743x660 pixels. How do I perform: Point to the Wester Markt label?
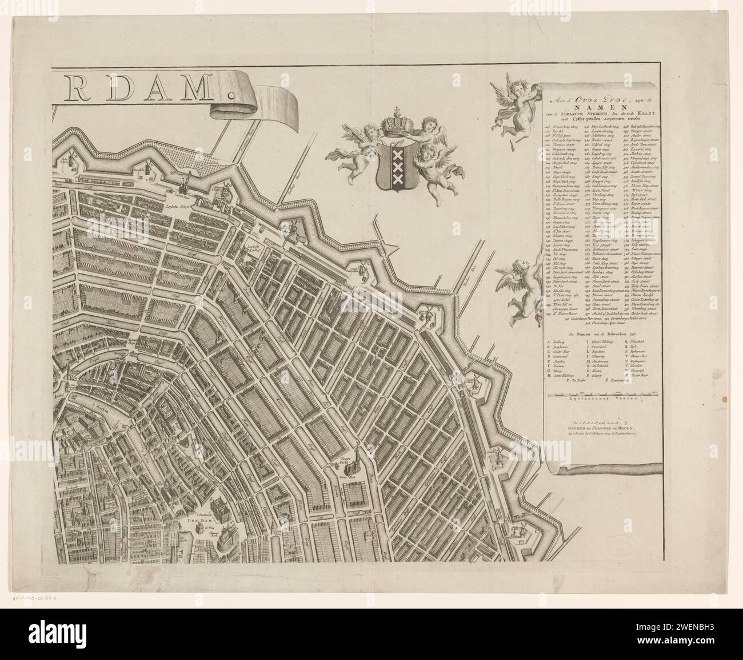click(x=347, y=473)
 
